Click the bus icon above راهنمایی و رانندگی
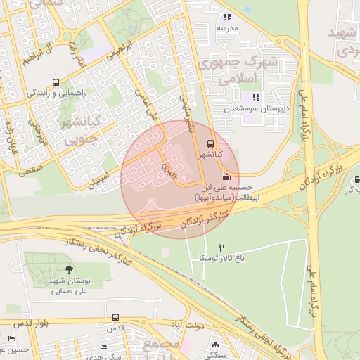click(56, 82)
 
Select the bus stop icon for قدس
click(115, 317)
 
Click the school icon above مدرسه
click(226, 17)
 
